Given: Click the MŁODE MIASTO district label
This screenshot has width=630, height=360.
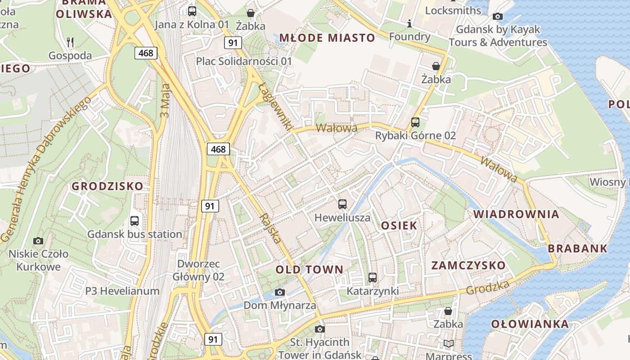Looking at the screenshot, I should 327,38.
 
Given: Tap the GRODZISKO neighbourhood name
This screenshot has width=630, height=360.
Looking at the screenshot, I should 108,186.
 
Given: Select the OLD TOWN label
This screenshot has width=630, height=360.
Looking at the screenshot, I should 309,270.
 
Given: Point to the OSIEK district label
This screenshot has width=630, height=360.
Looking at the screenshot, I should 399,225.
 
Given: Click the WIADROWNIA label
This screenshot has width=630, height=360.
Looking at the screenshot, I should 516,214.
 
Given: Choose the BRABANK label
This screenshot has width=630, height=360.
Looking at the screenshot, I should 577,248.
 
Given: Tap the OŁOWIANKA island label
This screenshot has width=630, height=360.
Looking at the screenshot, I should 530,324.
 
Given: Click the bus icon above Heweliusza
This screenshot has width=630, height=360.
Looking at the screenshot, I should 342,204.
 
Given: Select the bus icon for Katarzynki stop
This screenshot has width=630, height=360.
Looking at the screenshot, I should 373,278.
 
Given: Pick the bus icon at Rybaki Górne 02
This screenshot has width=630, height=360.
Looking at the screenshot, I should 415,122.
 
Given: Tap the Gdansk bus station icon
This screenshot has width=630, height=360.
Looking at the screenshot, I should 135,221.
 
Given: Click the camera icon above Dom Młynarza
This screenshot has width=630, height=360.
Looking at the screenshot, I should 280,292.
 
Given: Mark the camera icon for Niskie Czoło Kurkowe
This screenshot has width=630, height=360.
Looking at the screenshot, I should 38,241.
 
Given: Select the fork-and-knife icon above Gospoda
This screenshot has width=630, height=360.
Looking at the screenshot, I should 70,42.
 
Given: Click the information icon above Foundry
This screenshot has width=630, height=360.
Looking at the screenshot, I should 409,23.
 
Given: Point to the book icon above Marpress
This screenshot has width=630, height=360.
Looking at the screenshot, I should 448,344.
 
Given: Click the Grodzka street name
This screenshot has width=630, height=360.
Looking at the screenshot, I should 488,288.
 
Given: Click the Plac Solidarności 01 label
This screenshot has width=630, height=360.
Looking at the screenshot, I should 244,61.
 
